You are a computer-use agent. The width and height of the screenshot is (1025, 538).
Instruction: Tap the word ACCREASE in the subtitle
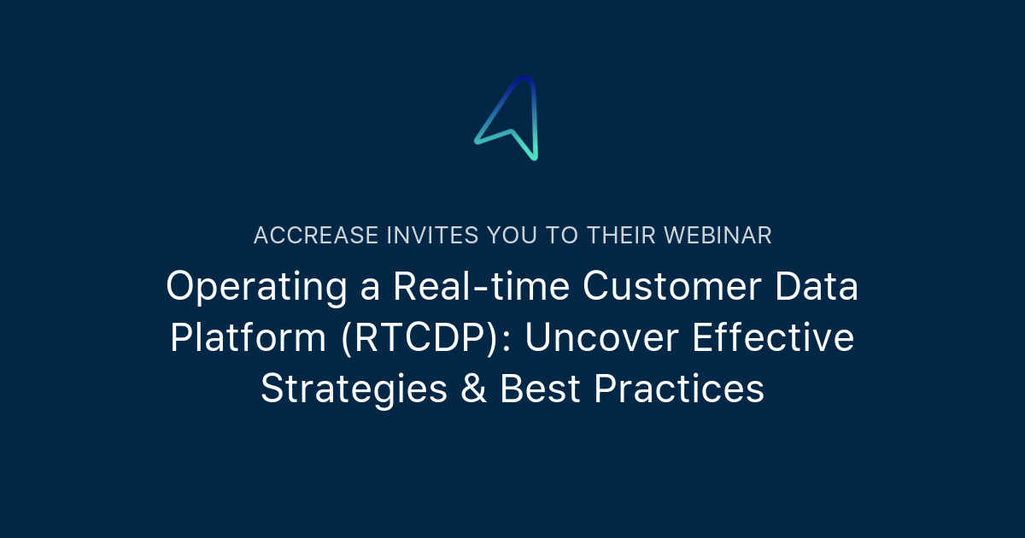coord(317,236)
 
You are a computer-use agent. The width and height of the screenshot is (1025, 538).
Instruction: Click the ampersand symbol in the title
coord(473,390)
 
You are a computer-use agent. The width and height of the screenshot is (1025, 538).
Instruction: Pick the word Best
coord(540,390)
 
